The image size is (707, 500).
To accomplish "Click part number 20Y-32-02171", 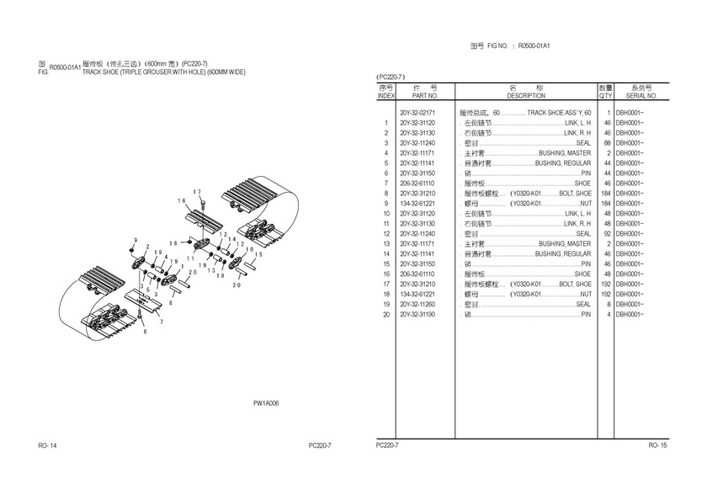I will tap(417, 112).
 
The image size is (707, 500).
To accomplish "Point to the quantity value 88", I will tap(606, 143).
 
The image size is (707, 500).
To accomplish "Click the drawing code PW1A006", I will tap(266, 403).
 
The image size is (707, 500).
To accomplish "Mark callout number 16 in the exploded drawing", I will tap(181, 200).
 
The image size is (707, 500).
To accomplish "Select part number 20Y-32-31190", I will tap(417, 314).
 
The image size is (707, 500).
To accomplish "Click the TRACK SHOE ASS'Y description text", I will tap(559, 112).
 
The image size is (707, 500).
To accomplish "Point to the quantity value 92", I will tap(606, 233).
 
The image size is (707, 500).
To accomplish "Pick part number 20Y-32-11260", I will tap(417, 304).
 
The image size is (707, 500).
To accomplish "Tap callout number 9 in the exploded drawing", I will tap(134, 242).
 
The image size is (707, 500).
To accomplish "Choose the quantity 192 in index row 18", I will tap(604, 294).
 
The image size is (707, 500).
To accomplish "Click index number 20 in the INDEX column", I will tap(385, 314).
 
